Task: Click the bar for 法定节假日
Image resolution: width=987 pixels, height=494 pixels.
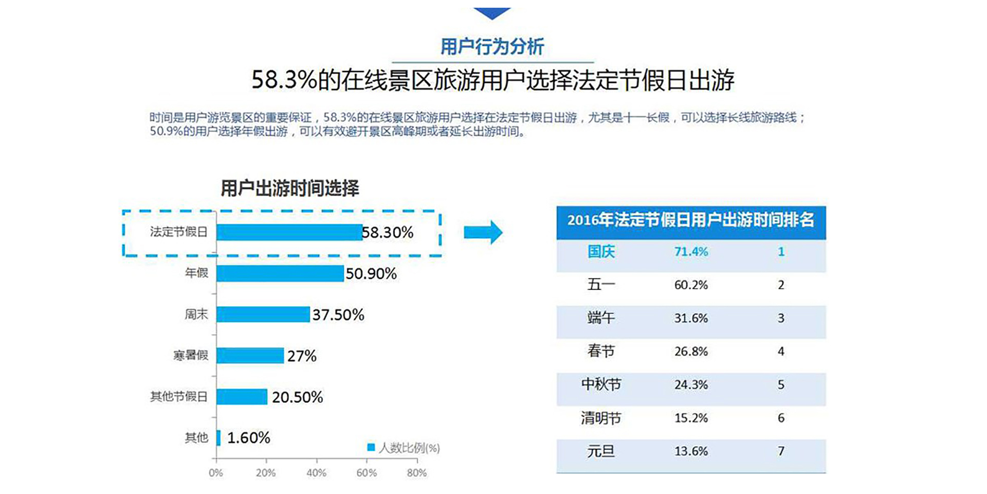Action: click(x=289, y=232)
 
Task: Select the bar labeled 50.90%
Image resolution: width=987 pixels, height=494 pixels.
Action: click(x=280, y=273)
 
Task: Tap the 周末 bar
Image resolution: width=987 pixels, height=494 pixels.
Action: click(x=263, y=314)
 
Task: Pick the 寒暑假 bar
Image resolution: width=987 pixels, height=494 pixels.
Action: click(x=250, y=356)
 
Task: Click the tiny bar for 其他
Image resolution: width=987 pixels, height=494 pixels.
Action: click(x=218, y=438)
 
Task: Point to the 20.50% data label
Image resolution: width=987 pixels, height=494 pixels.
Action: click(x=297, y=397)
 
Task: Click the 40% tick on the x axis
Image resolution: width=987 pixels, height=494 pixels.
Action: click(x=316, y=473)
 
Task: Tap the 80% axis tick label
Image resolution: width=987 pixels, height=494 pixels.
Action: click(x=416, y=473)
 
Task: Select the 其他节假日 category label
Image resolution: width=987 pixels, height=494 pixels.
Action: click(x=178, y=397)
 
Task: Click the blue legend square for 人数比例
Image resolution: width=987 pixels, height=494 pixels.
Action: click(x=371, y=447)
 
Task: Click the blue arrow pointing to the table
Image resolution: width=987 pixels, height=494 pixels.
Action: click(x=483, y=232)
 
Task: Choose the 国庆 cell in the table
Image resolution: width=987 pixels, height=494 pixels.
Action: click(x=601, y=252)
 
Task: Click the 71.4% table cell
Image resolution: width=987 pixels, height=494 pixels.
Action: click(x=691, y=252)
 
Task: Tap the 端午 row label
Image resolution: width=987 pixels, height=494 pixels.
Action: click(x=601, y=318)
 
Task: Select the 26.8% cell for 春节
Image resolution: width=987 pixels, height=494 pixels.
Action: click(x=691, y=351)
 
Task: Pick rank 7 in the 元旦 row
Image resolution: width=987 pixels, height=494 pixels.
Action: click(x=781, y=451)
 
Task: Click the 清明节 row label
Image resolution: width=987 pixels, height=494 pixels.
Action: click(x=601, y=418)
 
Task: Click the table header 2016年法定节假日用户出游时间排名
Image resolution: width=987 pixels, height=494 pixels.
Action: click(x=691, y=220)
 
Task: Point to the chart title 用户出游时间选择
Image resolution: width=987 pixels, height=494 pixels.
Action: click(x=290, y=188)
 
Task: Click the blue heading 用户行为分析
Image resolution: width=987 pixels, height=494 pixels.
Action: click(x=492, y=47)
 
